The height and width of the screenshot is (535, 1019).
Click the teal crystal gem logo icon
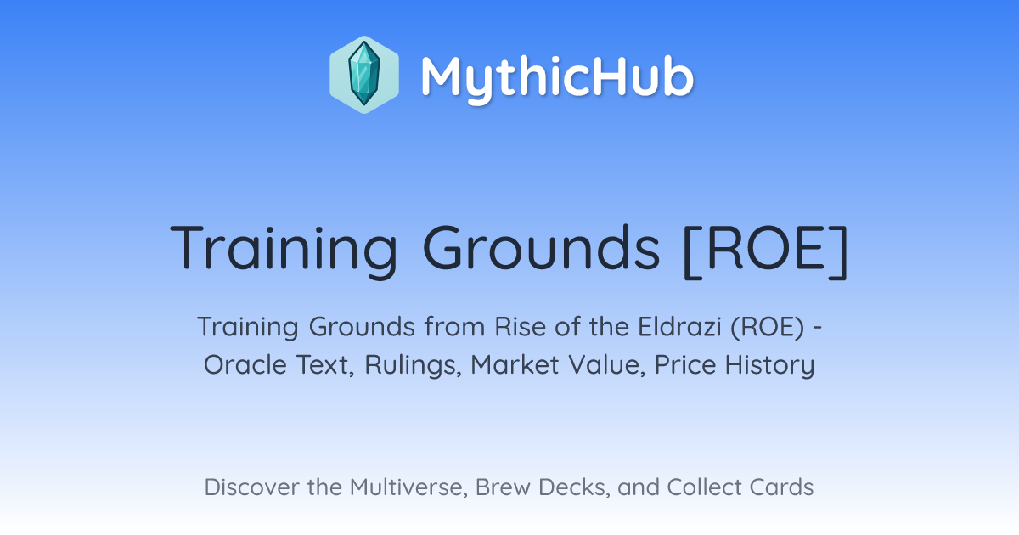pyautogui.click(x=364, y=75)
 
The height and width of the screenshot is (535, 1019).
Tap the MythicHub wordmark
pyautogui.click(x=557, y=77)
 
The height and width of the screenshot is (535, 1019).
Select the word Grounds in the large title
pyautogui.click(x=541, y=248)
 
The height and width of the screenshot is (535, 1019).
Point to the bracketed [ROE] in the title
pyautogui.click(x=766, y=251)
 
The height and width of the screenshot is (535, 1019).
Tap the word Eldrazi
pyautogui.click(x=679, y=326)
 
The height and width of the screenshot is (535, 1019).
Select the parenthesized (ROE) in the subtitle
pyautogui.click(x=768, y=327)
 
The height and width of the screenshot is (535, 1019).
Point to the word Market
pyautogui.click(x=515, y=364)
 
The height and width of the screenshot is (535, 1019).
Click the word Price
pyautogui.click(x=685, y=364)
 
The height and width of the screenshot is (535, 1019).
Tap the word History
pyautogui.click(x=769, y=366)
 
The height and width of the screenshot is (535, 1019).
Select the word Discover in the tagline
pyautogui.click(x=251, y=487)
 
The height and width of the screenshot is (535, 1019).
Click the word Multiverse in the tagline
pyautogui.click(x=408, y=487)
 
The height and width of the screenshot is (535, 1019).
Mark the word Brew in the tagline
pyautogui.click(x=503, y=487)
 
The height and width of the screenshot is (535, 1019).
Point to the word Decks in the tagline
pyautogui.click(x=574, y=487)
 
